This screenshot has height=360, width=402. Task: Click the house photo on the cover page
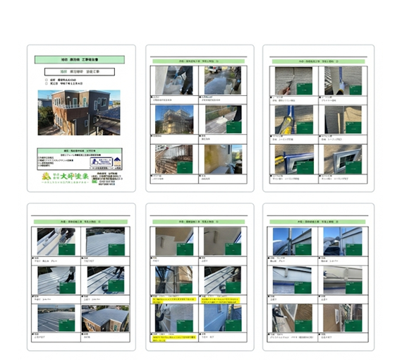[x=78, y=112]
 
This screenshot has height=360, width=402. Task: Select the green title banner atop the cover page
[x=79, y=60]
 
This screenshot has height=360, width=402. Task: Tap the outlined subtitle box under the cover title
[x=78, y=72]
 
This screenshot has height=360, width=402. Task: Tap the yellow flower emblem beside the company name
[x=47, y=176]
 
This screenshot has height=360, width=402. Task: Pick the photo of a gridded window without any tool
[x=343, y=160]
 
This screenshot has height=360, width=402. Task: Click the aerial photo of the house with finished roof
[x=105, y=318]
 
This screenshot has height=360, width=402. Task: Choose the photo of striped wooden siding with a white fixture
[x=343, y=318]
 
